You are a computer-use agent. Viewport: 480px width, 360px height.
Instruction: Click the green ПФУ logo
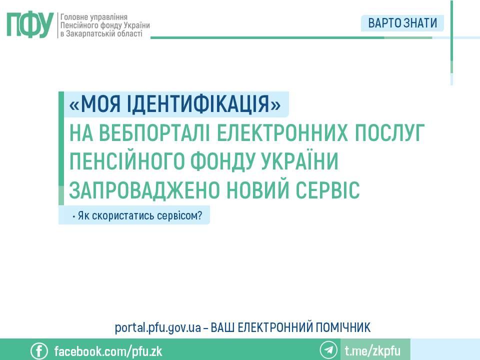[29, 24]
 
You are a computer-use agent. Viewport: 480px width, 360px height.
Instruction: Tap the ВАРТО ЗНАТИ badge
[402, 23]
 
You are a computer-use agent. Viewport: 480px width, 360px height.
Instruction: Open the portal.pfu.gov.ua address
[158, 328]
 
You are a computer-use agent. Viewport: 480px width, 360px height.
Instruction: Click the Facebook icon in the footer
[39, 350]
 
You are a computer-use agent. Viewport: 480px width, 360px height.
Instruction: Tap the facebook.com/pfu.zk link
[108, 350]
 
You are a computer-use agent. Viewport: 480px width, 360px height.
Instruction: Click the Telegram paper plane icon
[328, 350]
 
